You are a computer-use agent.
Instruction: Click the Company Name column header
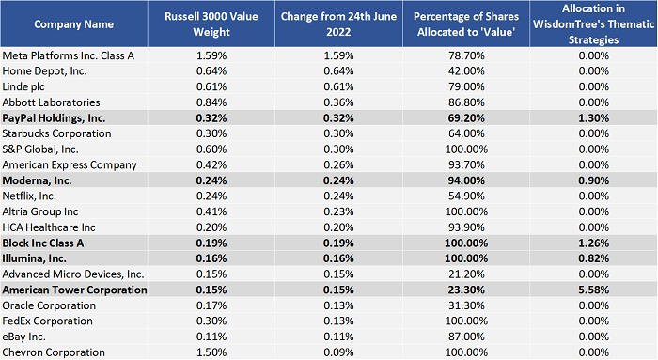pos(74,24)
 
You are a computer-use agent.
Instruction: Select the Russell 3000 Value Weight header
pos(211,23)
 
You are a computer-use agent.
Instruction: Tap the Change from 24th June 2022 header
pos(338,23)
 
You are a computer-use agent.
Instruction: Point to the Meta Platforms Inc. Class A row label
pos(69,55)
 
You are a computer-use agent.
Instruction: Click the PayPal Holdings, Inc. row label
pos(54,118)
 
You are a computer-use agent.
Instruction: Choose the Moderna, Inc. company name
pos(37,180)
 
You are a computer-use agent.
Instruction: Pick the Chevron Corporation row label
pos(54,352)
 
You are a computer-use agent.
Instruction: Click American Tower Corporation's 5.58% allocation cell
pos(593,290)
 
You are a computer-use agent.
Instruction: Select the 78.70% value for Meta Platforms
pos(466,55)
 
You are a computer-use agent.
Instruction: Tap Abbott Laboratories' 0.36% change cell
pos(338,102)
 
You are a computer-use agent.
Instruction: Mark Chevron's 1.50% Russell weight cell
pos(211,352)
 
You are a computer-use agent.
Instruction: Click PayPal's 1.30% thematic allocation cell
pos(593,118)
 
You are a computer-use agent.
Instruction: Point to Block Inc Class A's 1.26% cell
pos(593,243)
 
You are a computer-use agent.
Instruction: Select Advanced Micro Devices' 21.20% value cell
pos(466,274)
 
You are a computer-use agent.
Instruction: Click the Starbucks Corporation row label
pos(56,133)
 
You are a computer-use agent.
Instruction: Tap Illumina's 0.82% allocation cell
pos(593,258)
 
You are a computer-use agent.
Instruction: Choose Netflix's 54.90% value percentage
pos(466,196)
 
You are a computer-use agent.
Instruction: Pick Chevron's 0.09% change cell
pos(338,352)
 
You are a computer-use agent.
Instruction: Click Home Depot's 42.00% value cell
pos(466,71)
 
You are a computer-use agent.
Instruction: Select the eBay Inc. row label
pos(23,337)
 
